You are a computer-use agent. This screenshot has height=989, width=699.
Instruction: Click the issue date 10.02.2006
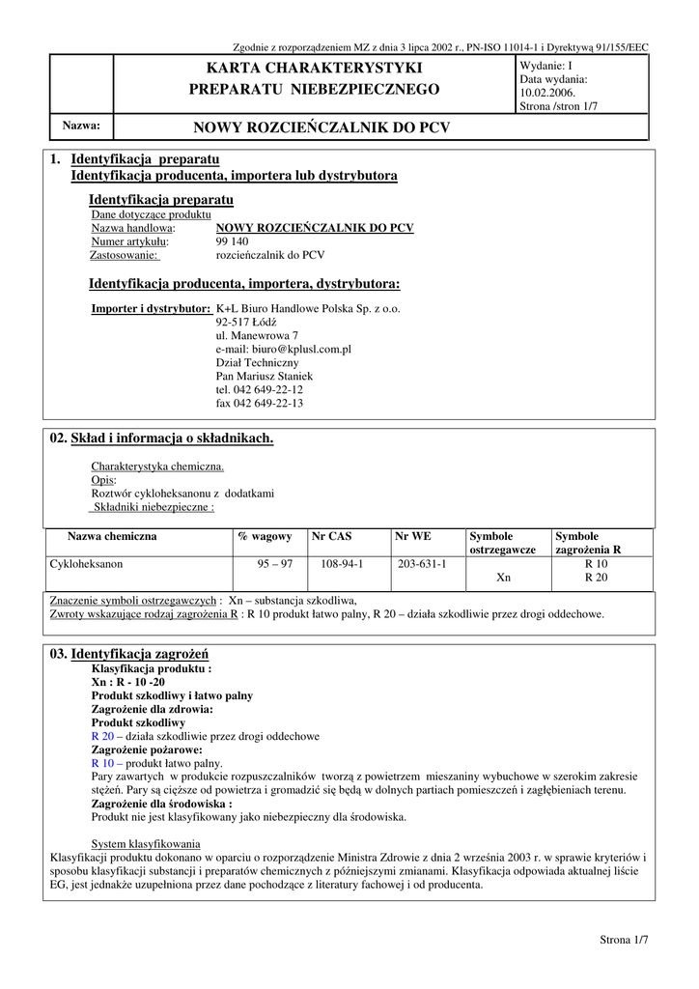547,93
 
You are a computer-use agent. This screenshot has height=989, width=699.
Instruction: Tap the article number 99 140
232,241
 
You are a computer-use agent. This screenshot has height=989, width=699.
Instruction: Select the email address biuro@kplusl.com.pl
283,349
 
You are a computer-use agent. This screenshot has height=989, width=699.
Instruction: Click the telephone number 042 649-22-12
260,389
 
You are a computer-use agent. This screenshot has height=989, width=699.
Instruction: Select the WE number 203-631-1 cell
422,563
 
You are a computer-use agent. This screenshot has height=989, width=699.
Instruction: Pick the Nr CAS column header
332,536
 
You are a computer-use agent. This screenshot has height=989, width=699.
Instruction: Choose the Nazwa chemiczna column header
112,536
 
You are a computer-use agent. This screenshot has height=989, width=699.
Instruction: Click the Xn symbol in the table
503,578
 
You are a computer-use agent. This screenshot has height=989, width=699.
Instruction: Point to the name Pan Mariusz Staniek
264,376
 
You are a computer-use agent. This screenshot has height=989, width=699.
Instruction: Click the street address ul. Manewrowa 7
250,335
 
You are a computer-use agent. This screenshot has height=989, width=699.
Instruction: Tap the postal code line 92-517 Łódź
245,322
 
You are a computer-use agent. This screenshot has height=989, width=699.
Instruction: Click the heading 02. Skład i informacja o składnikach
160,438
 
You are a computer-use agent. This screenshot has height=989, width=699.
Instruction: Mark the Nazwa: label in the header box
82,126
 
